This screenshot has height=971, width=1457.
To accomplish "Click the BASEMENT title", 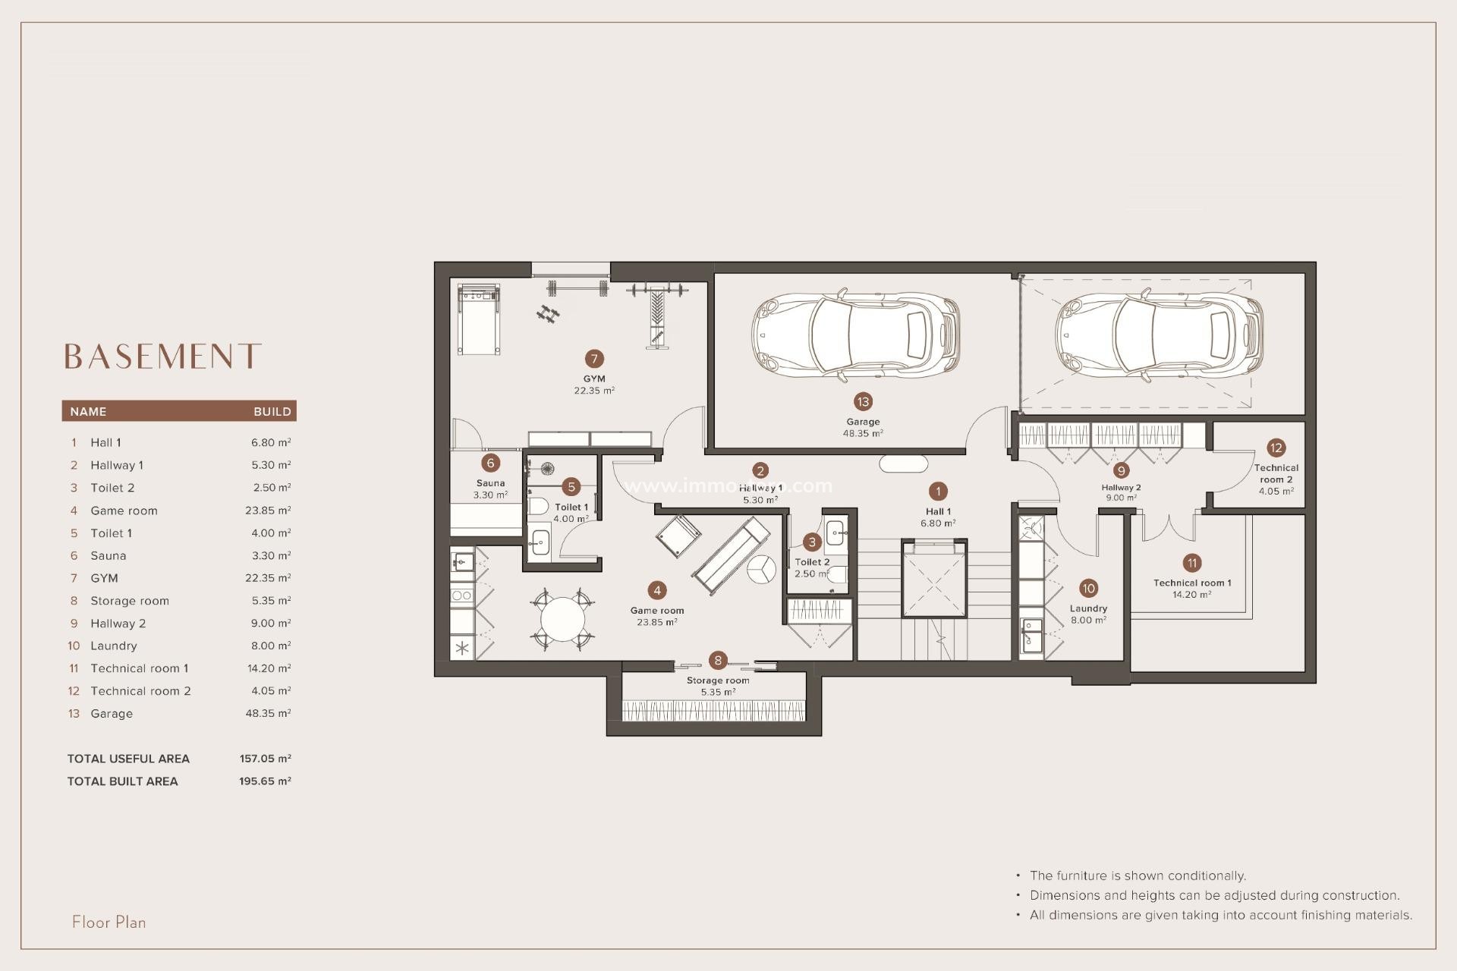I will click(x=162, y=357).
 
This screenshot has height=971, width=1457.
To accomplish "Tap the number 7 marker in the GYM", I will click(x=594, y=359).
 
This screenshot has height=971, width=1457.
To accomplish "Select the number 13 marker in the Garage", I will click(x=863, y=402).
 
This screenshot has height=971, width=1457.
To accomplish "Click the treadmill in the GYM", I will click(x=479, y=319).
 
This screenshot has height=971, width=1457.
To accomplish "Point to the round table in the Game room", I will click(x=562, y=619).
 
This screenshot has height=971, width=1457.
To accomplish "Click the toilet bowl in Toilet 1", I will click(x=538, y=506).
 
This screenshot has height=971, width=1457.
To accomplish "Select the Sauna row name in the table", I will click(x=109, y=555).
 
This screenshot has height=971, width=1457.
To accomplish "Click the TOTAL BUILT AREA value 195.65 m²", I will click(x=265, y=781).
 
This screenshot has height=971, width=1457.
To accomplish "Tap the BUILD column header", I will click(x=272, y=411).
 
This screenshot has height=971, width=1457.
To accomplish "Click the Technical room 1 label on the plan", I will click(x=1192, y=583).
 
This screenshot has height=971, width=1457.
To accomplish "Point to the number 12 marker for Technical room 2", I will click(x=1276, y=448).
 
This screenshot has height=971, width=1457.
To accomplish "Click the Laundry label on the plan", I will click(x=1088, y=608).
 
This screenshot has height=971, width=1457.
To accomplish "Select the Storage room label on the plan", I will click(x=718, y=680).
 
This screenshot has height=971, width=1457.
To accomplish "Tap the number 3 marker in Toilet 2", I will click(x=812, y=542).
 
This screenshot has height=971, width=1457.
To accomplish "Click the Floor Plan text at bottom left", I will click(x=109, y=922).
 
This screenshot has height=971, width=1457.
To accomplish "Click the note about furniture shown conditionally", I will click(x=1138, y=875).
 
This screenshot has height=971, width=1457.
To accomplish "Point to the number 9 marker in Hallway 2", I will click(x=1121, y=470).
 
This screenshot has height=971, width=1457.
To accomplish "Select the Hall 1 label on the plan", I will click(x=938, y=511).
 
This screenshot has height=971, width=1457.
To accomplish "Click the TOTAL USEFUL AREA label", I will click(x=128, y=759).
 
